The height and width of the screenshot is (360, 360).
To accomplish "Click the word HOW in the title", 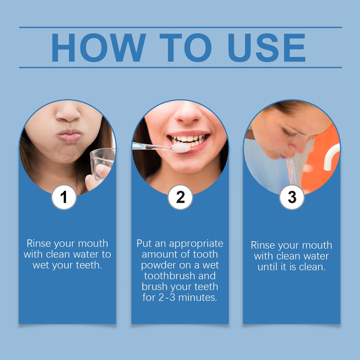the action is click(x=99, y=47).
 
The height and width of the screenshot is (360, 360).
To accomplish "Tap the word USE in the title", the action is click(x=266, y=47).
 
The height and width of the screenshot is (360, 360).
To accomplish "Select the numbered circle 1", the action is click(x=64, y=197).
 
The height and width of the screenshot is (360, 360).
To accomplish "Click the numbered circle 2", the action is click(x=180, y=197).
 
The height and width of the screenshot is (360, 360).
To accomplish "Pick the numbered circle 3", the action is click(x=292, y=197).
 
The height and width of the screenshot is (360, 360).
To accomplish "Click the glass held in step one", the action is click(x=102, y=164).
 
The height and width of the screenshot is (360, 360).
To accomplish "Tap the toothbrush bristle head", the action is click(x=181, y=148).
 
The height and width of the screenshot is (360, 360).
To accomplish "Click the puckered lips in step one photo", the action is click(x=69, y=135).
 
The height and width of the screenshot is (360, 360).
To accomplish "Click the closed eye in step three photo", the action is click(x=289, y=134).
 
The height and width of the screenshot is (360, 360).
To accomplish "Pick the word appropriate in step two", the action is click(x=196, y=244).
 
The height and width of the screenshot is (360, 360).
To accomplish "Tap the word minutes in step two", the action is click(x=198, y=297).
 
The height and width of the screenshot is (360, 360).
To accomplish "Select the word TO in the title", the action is click(x=186, y=47).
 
